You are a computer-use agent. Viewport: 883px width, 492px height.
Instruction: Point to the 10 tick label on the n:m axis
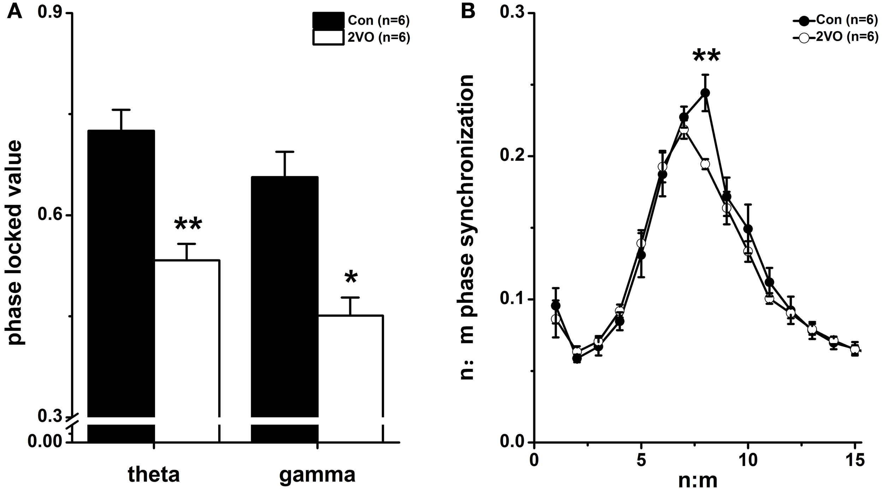pos(748,460)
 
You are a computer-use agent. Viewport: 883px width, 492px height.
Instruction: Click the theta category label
pos(154,475)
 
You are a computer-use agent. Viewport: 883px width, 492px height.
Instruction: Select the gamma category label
pos(317,475)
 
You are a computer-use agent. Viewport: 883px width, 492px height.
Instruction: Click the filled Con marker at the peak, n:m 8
pos(705,93)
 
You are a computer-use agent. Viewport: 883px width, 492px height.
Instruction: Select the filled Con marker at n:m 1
pos(556,306)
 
